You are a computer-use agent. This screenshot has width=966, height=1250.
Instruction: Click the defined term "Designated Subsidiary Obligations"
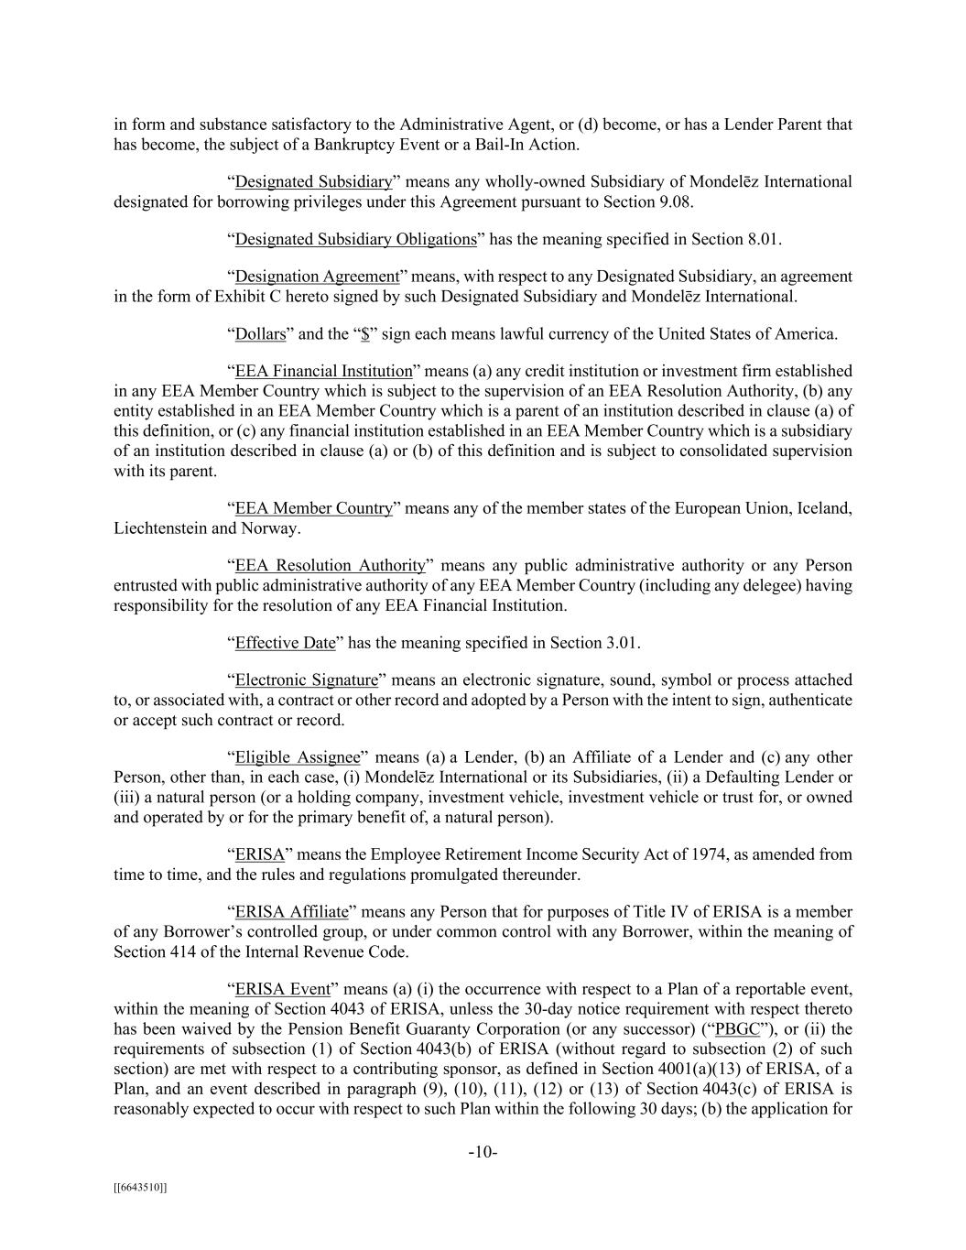tap(355, 239)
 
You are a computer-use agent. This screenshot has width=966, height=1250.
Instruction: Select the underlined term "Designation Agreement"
tap(317, 277)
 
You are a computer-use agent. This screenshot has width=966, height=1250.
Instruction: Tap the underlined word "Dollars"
tap(261, 334)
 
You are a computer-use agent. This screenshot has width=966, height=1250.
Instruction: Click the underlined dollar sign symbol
tap(365, 334)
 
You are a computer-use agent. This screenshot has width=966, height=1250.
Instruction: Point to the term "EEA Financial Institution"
tap(324, 371)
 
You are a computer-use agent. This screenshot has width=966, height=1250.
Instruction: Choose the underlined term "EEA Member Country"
tap(314, 508)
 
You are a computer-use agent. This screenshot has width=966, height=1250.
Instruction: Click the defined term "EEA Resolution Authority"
tap(331, 565)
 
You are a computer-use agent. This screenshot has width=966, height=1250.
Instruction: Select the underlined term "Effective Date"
tap(286, 643)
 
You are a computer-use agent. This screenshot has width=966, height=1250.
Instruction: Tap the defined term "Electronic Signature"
tap(307, 680)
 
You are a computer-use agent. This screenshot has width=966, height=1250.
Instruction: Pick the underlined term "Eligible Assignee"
tap(298, 757)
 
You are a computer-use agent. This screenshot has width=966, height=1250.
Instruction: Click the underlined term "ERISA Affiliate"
tap(292, 912)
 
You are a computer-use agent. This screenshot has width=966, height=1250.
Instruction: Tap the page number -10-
tap(483, 1152)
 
